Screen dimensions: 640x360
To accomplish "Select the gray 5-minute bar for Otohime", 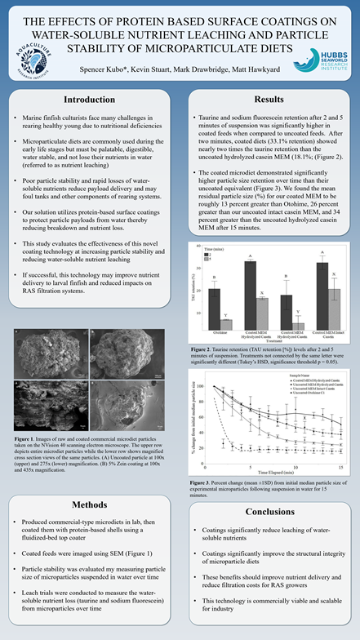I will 225,324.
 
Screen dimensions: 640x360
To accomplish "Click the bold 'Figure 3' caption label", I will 200,482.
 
